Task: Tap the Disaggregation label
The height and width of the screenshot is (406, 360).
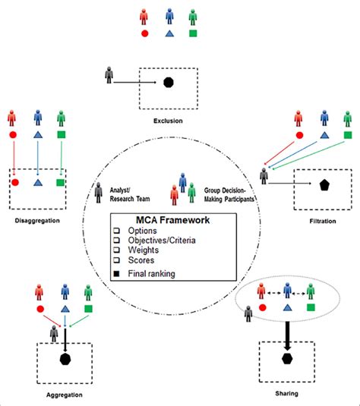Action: (x=36, y=221)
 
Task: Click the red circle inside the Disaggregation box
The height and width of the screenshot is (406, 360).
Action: (x=15, y=183)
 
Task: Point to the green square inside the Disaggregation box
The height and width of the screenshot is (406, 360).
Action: (x=62, y=183)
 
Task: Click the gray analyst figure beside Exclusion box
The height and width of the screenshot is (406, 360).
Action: (x=112, y=74)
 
